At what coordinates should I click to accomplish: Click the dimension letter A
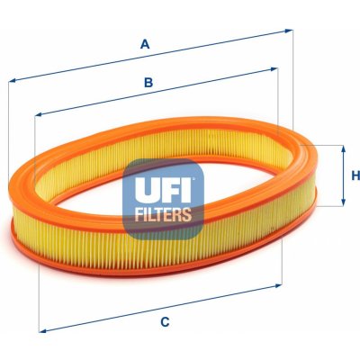(145, 44)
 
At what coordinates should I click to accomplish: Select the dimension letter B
(148, 82)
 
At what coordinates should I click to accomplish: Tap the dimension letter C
(165, 322)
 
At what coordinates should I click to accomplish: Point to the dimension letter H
(355, 175)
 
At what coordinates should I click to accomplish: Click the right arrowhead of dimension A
(289, 31)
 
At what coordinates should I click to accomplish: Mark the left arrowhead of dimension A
(13, 80)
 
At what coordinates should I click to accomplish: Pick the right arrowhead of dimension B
(274, 69)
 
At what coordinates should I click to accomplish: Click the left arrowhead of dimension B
(39, 114)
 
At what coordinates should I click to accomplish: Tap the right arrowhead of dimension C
(278, 285)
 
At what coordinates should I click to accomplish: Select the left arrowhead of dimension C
(43, 330)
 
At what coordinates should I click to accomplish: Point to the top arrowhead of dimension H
(344, 149)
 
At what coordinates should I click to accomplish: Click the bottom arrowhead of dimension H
(344, 202)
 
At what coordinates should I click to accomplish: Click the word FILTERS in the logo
(163, 214)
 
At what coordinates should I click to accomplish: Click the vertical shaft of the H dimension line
(344, 175)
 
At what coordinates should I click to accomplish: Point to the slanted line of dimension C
(160, 308)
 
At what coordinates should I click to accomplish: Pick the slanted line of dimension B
(157, 92)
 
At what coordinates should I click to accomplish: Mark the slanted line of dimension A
(150, 55)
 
